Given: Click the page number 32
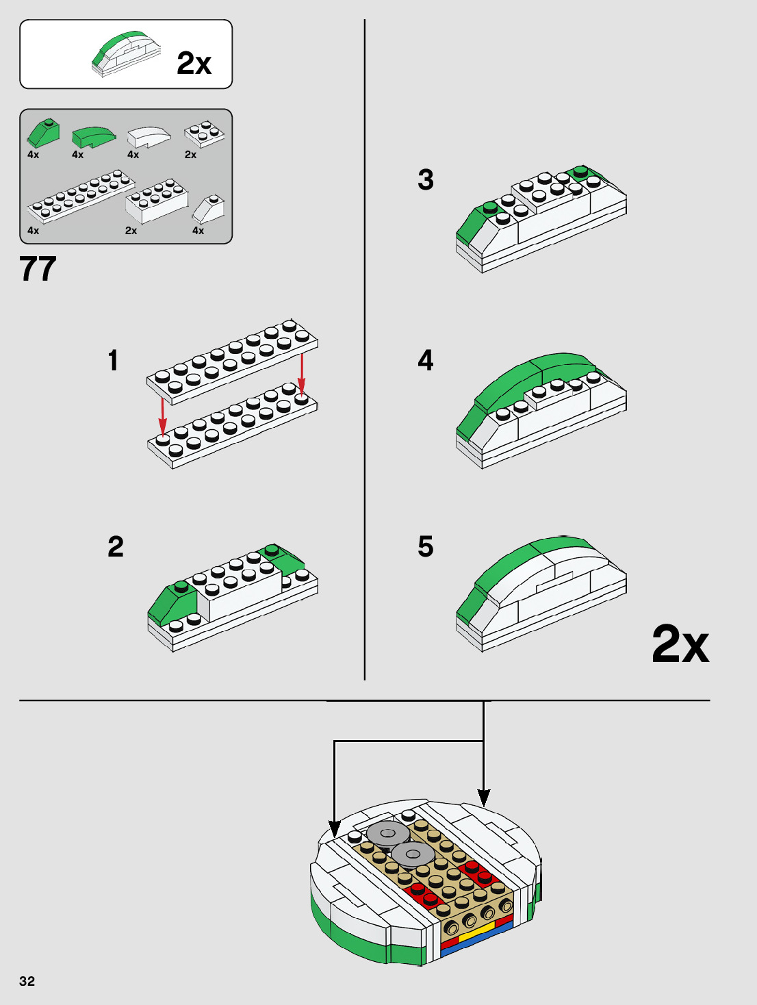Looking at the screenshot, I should [x=27, y=981].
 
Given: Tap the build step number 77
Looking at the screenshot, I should [x=38, y=269].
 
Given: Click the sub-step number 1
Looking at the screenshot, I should [x=113, y=361].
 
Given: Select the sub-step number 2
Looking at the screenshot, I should [x=116, y=546].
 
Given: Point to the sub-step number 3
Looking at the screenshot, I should [x=425, y=180].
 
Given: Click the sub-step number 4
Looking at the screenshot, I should [x=425, y=360].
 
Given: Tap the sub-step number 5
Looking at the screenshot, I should [x=425, y=547].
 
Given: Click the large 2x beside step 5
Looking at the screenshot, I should [x=680, y=644].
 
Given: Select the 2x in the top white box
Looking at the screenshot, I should [x=194, y=64].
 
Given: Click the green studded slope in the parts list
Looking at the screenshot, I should [x=43, y=133].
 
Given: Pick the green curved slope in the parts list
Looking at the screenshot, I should [x=92, y=136].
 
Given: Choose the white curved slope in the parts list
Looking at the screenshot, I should [x=148, y=136].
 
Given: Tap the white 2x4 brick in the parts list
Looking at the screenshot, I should [x=157, y=202].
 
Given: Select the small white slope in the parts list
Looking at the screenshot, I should [x=209, y=209].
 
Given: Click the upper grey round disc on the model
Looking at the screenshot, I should [x=388, y=833].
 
